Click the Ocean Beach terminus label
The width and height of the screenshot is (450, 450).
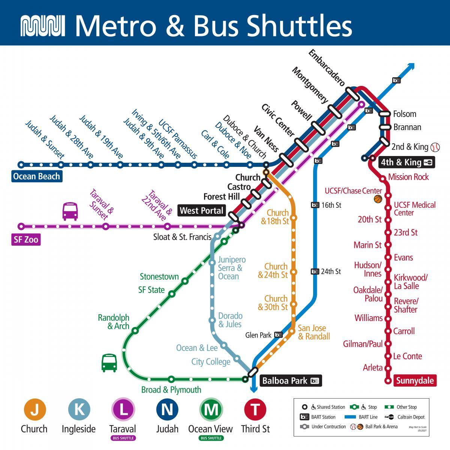[x=36, y=176]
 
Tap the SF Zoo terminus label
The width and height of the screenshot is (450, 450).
[x=26, y=240]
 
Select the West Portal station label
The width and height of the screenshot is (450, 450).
[x=202, y=210]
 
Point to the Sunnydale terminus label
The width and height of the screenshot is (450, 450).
[x=415, y=381]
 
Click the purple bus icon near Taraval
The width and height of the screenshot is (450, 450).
[x=70, y=211]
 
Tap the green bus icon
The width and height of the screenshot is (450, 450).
[x=109, y=363]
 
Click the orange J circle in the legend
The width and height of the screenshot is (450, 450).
[x=34, y=409]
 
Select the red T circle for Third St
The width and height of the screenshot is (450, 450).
[x=255, y=409]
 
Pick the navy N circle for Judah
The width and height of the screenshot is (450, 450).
[x=167, y=409]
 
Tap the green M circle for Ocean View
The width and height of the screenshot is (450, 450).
[x=211, y=409]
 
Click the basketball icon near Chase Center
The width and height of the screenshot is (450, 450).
[x=378, y=199]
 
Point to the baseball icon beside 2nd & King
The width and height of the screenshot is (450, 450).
[x=435, y=147]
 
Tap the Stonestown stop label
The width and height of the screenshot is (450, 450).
[x=159, y=277]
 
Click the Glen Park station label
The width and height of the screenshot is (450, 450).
[x=258, y=335]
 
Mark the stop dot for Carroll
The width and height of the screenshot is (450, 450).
[x=388, y=331]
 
